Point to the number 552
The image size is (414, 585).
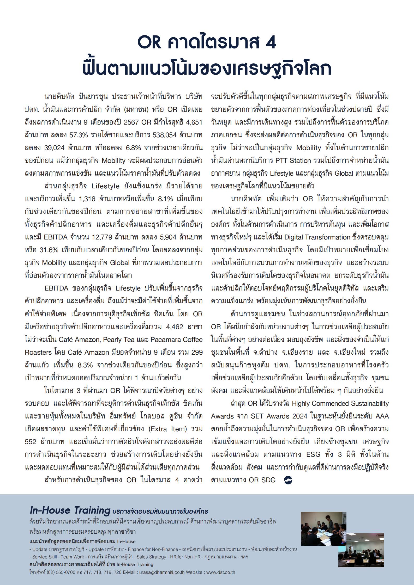pyautogui.click(x=31, y=442)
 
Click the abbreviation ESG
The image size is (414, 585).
pyautogui.click(x=313, y=454)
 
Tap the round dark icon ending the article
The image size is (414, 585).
pyautogui.click(x=288, y=480)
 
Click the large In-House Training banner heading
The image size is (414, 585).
pyautogui.click(x=70, y=510)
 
